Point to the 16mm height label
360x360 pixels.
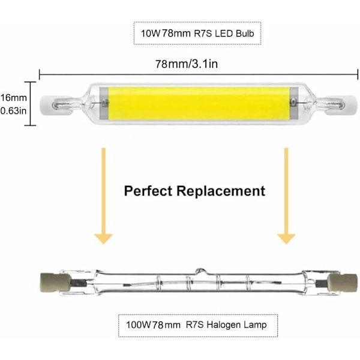click(x=12, y=97)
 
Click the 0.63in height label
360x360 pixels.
click(x=12, y=110)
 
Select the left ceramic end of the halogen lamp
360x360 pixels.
click(x=50, y=281)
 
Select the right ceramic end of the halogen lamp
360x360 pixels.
click(x=340, y=281)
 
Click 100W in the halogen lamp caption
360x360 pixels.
click(x=136, y=325)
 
